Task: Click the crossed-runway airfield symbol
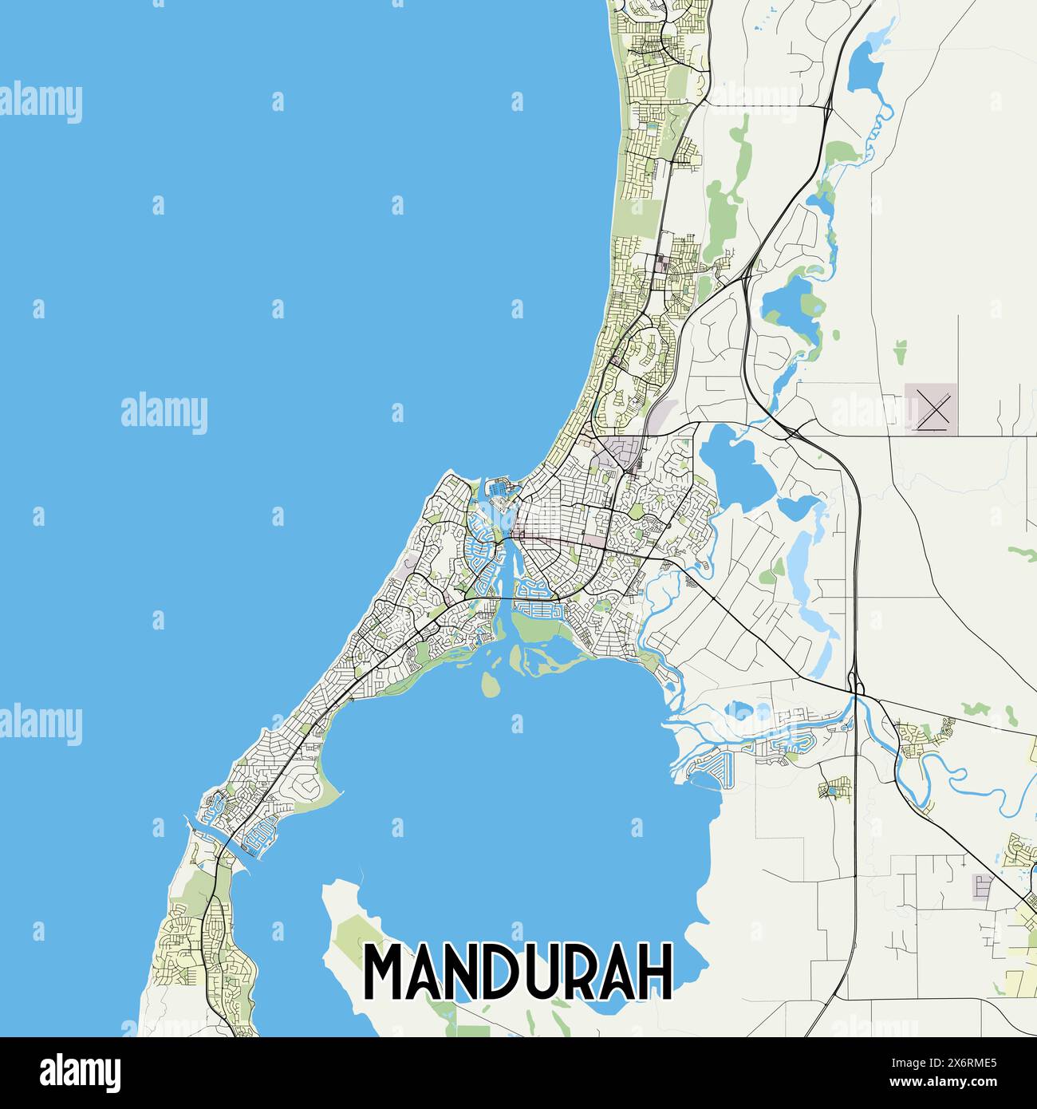click(x=931, y=410)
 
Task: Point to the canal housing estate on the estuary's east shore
click(x=710, y=770)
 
